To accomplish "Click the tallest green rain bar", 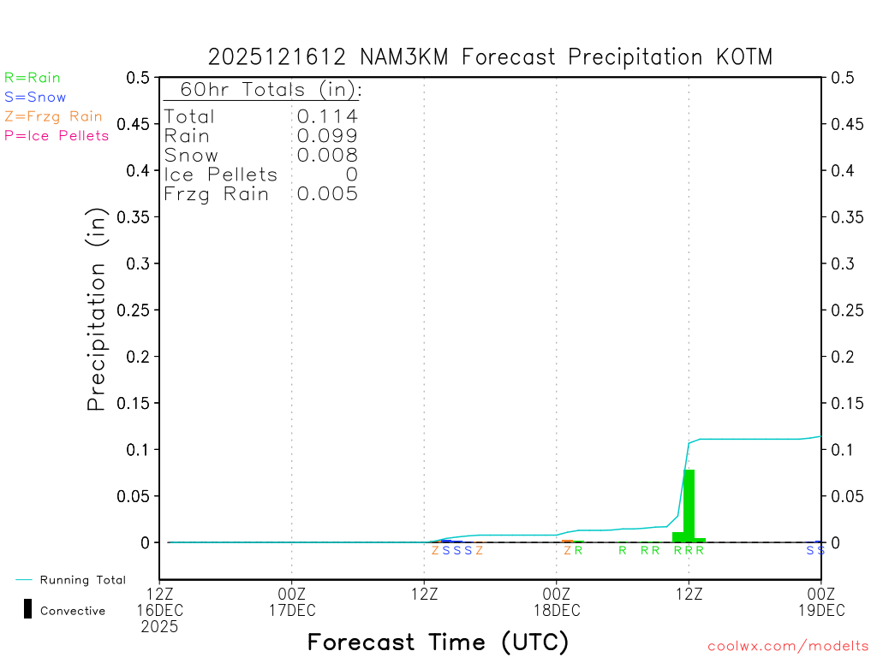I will [x=689, y=506].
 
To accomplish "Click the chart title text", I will [x=490, y=57].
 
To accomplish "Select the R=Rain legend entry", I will [x=33, y=78].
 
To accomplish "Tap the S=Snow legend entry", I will [x=35, y=98].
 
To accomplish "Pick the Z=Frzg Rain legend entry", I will [x=53, y=116].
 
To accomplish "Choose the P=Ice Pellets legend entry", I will [x=57, y=135].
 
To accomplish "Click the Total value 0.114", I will [x=327, y=116].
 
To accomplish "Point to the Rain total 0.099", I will [x=327, y=136].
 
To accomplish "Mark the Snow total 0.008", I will [x=327, y=155].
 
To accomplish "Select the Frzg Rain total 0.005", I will [x=327, y=194].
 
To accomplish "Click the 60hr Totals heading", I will [x=262, y=90].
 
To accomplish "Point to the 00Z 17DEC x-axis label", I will [x=292, y=602].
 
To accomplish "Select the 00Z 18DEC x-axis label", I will [x=557, y=602].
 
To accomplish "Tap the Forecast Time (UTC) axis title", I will [x=438, y=642].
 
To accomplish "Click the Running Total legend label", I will [x=82, y=580].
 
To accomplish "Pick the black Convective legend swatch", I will [x=28, y=609].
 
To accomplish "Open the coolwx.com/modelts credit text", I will [x=788, y=647].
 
